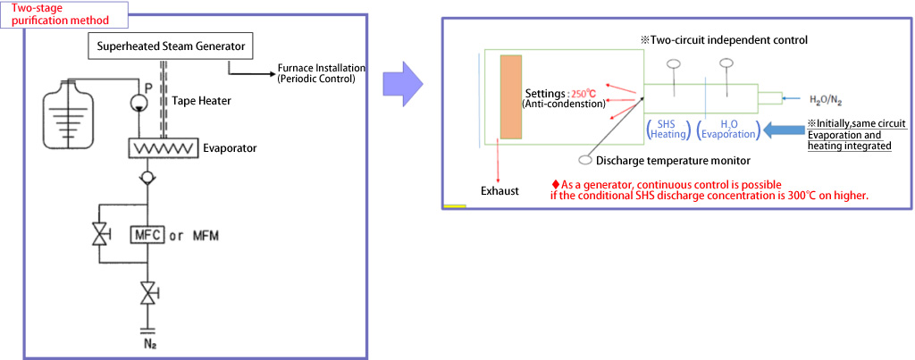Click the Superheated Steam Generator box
pos(170,46)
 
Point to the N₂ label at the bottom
pos(147,341)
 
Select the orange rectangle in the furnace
pos(511,96)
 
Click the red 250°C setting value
pos(583,93)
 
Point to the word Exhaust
pos(499,191)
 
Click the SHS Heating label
pos(667,129)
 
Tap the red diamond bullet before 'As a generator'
pos(556,185)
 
